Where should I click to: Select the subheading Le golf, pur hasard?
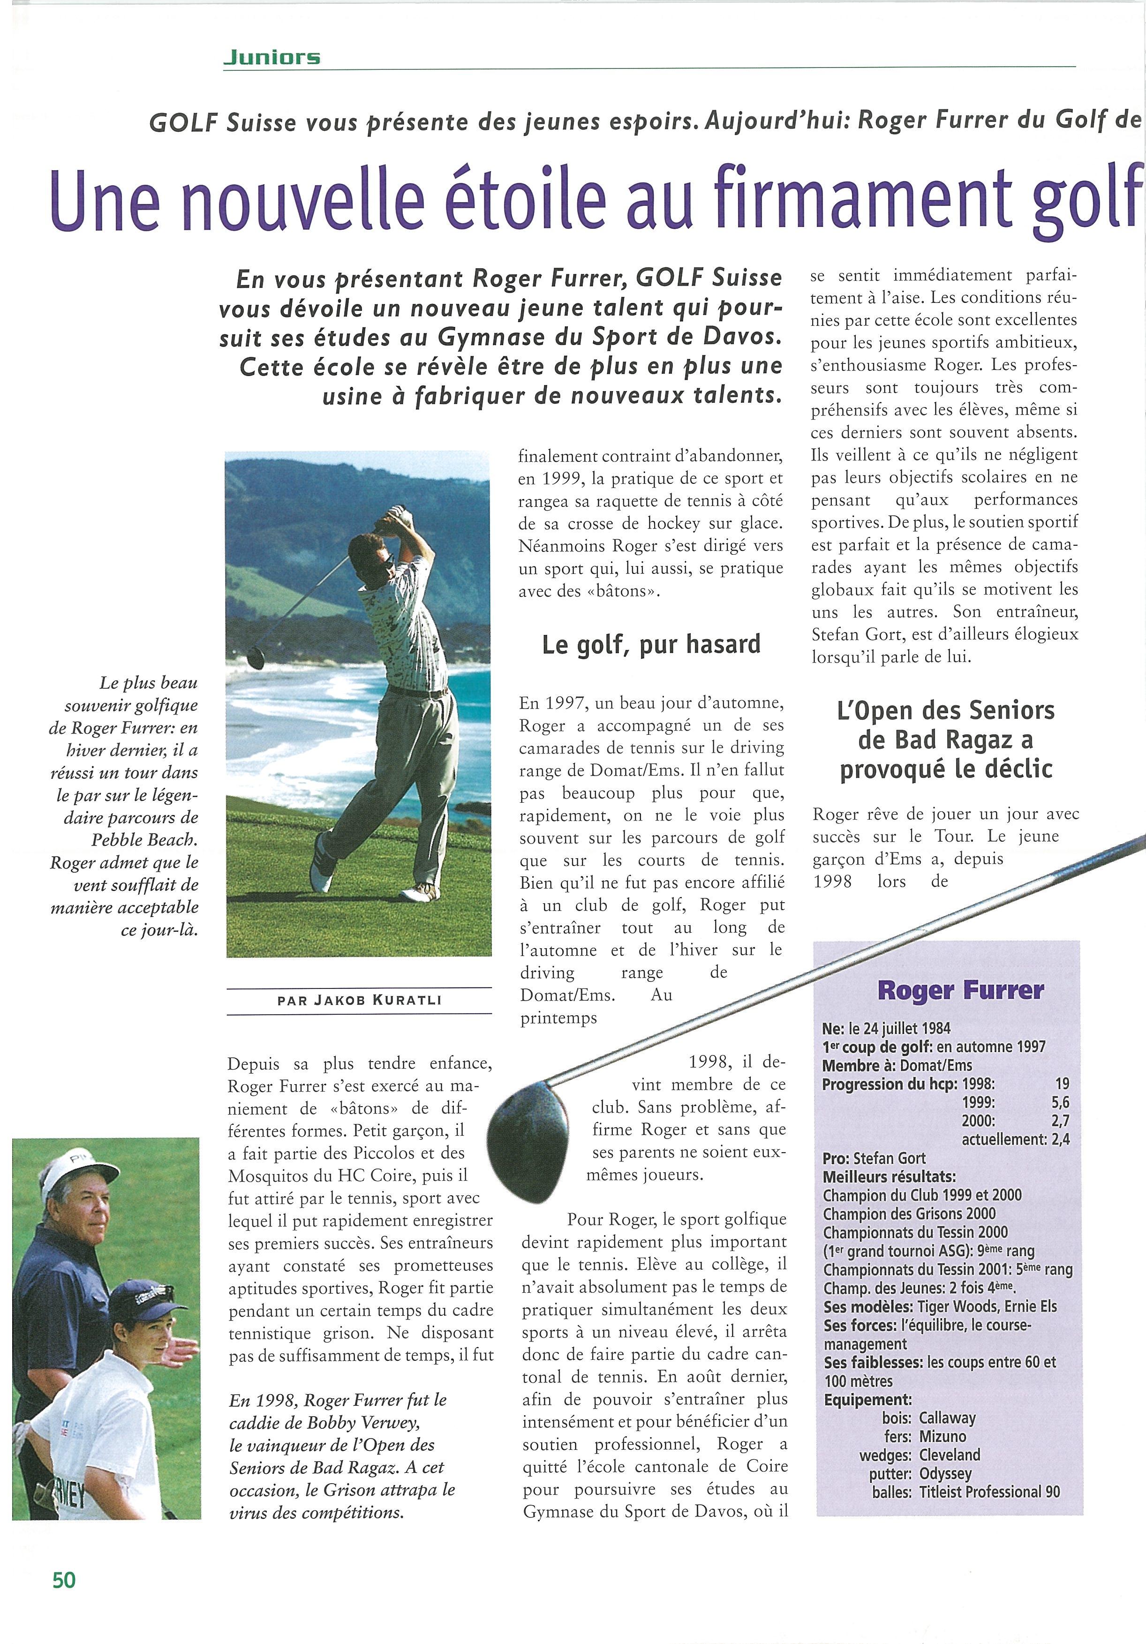pos(651,644)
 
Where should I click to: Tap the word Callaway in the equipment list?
pos(947,1418)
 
